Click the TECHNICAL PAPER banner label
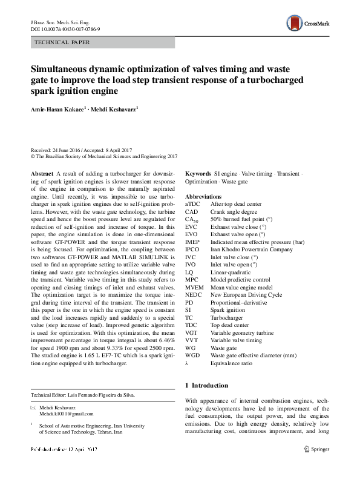tap(63, 42)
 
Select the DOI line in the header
tap(65, 28)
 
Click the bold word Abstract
tap(41, 173)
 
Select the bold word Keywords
tap(198, 173)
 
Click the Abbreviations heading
tap(203, 197)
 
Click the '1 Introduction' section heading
tap(206, 385)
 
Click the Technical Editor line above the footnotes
tap(83, 395)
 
